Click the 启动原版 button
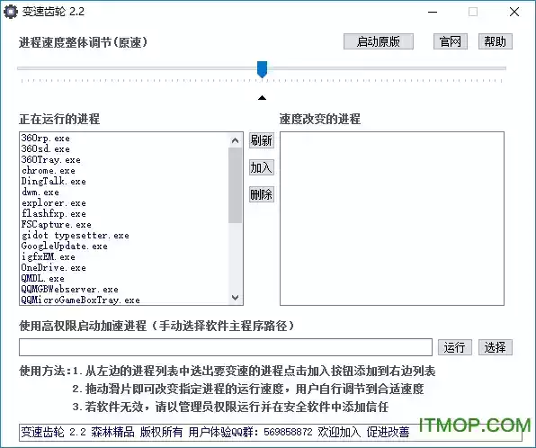[x=379, y=41]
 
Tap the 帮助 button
[x=495, y=41]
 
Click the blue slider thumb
[x=263, y=69]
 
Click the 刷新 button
[x=262, y=140]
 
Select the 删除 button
[x=262, y=194]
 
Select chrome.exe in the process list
[x=49, y=170]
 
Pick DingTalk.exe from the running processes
[x=54, y=181]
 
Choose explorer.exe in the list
[x=54, y=202]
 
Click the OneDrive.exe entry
[x=54, y=267]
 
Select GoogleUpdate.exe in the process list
[x=64, y=246]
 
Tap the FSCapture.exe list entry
[x=57, y=224]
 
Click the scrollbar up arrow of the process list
[x=236, y=140]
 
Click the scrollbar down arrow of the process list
[x=236, y=298]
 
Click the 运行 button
[x=455, y=347]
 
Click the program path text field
[x=226, y=347]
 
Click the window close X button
[x=514, y=12]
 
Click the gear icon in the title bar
[x=11, y=12]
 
